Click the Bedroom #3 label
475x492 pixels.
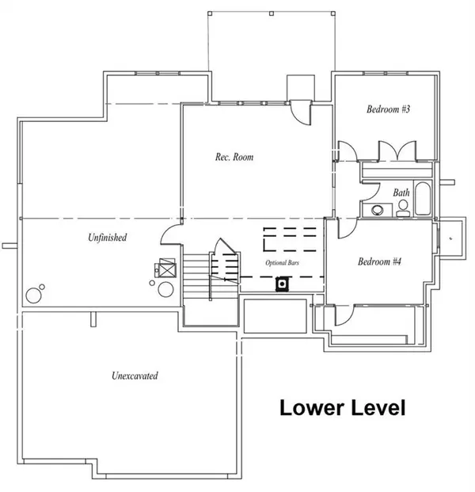pos(388,109)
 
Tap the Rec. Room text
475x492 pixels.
pos(234,157)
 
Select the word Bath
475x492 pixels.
pos(401,193)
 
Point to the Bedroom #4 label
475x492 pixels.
pos(379,261)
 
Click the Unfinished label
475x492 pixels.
pos(107,237)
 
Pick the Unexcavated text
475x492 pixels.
pos(135,376)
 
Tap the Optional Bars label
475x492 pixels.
pos(282,262)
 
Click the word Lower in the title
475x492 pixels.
pos(311,407)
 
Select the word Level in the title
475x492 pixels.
pos(378,407)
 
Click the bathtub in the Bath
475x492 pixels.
pos(423,198)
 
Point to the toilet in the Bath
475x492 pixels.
pos(403,208)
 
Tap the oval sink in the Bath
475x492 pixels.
pos(378,210)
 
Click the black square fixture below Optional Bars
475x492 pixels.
pos(282,284)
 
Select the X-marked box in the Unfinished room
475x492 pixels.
pos(167,268)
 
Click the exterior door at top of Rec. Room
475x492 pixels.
pos(300,112)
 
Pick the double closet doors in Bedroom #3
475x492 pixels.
pos(397,151)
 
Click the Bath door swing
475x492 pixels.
pos(370,192)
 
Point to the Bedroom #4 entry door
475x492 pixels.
pos(347,228)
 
